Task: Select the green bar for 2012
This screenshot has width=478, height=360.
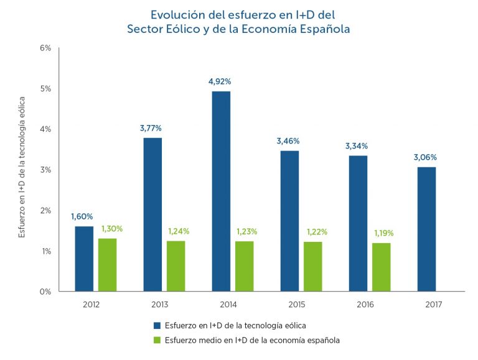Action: click(x=107, y=264)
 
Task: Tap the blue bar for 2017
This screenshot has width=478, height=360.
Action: click(x=426, y=229)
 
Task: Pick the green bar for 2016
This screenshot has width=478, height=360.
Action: click(x=381, y=267)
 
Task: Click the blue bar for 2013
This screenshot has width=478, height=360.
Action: click(x=152, y=214)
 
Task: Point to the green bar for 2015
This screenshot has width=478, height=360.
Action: click(x=312, y=266)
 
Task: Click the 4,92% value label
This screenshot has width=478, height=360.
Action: click(x=221, y=81)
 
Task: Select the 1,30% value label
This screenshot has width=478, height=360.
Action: click(x=112, y=228)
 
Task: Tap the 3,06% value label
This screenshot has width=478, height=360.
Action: click(x=426, y=157)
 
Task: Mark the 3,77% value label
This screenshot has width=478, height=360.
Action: click(x=151, y=129)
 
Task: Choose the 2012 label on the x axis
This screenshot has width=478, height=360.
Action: click(x=91, y=305)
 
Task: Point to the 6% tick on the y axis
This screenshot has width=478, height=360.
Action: click(x=45, y=48)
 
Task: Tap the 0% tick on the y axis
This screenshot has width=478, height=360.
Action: click(x=45, y=292)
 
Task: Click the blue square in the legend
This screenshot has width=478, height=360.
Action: click(x=157, y=325)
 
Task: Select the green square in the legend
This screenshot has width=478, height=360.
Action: click(x=157, y=340)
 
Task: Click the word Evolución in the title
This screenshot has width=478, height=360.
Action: click(x=177, y=13)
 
